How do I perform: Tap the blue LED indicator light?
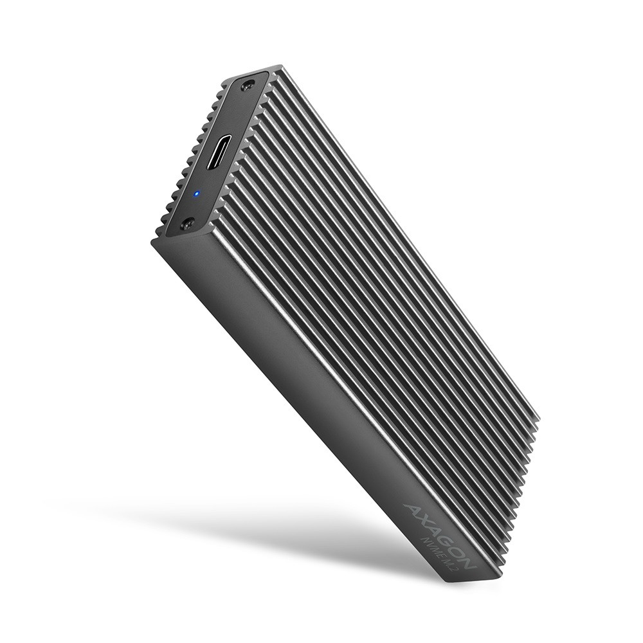[197, 193]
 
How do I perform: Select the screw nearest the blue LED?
[187, 224]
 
